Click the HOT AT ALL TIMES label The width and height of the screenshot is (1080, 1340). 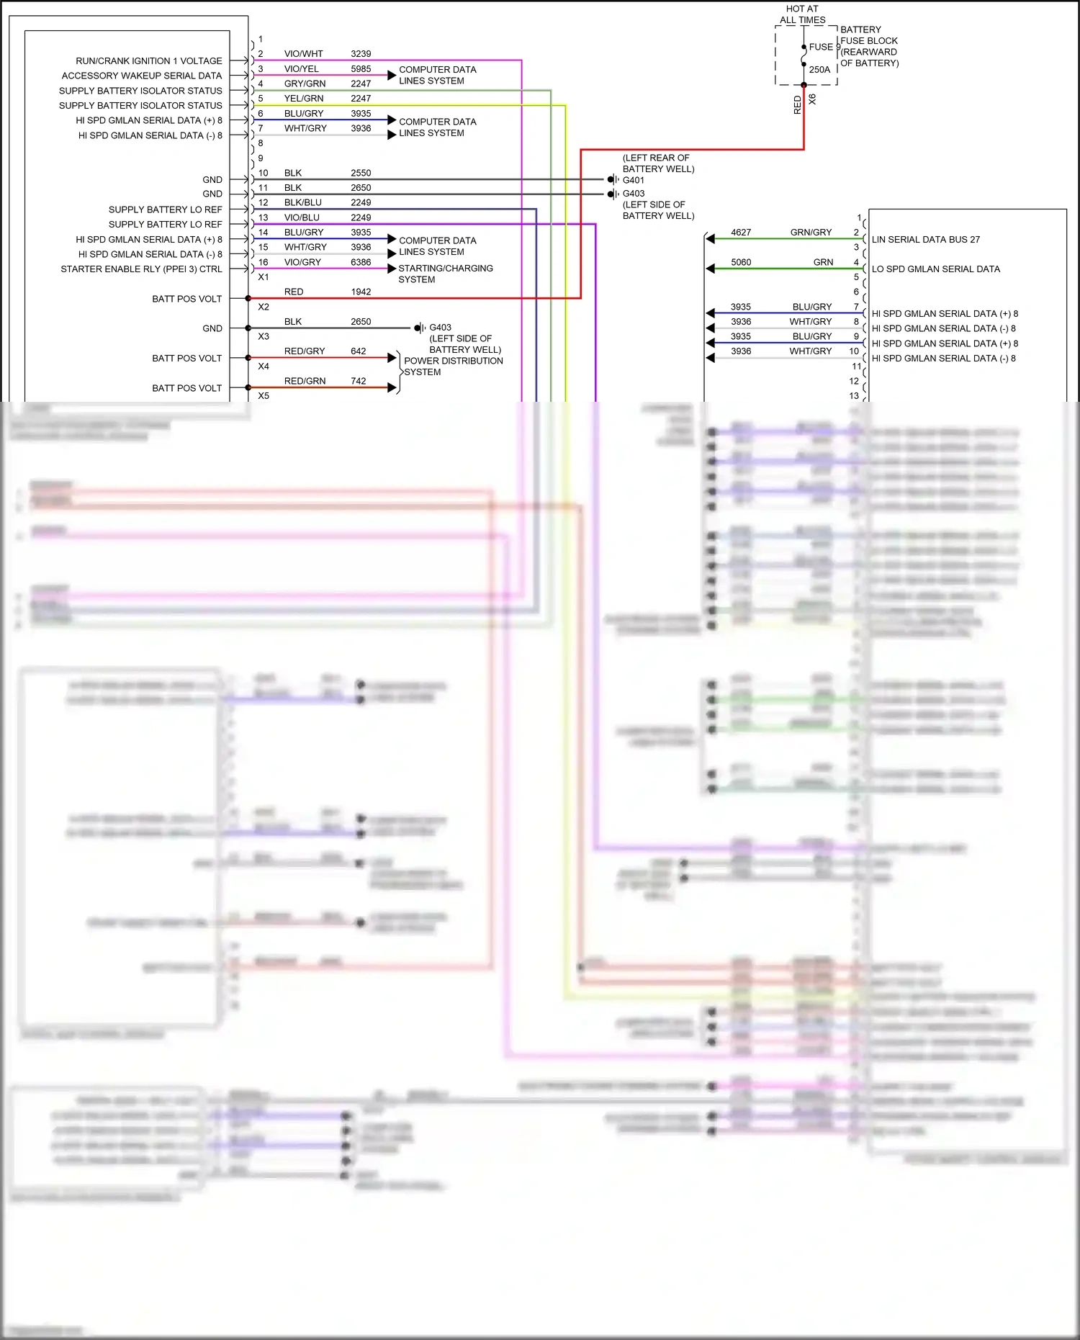(802, 14)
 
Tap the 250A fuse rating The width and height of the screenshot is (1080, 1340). (819, 70)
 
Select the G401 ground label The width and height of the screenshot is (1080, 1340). (634, 180)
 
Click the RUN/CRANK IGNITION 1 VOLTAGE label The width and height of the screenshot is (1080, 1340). (149, 61)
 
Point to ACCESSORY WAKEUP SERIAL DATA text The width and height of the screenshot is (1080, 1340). (142, 76)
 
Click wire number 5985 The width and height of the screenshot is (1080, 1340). (361, 69)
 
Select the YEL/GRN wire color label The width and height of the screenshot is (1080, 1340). (304, 99)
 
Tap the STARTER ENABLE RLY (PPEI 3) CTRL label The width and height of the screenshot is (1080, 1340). (141, 269)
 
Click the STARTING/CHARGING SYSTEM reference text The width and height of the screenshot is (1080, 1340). (445, 274)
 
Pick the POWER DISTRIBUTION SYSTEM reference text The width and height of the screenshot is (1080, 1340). (453, 367)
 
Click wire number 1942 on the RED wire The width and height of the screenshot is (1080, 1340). (361, 292)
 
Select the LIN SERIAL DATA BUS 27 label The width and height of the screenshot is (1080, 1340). (925, 240)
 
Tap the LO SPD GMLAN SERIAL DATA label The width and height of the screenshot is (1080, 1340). (935, 269)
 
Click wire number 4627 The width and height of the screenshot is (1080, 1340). (741, 233)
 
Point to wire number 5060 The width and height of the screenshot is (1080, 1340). (741, 262)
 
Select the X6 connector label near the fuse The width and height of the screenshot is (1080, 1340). (813, 99)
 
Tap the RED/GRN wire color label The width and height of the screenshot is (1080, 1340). (305, 381)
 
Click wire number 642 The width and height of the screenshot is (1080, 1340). (359, 351)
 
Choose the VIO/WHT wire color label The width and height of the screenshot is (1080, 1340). (304, 54)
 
